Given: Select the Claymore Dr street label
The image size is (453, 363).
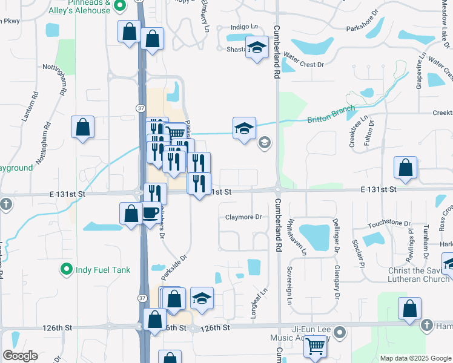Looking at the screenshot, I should click(x=243, y=217).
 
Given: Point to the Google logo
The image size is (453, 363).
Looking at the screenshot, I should click(x=20, y=356).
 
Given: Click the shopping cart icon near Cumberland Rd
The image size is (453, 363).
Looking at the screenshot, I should click(x=315, y=347).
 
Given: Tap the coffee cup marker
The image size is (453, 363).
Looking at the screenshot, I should click(x=150, y=214).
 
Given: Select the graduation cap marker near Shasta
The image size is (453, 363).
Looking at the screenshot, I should click(x=257, y=48).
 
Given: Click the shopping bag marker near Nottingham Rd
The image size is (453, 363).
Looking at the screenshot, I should click(x=83, y=128).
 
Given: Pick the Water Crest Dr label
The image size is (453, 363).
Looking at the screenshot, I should click(x=304, y=63).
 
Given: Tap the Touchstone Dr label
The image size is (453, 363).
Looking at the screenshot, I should click(x=388, y=223).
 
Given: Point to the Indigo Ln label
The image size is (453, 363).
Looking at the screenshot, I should click(x=244, y=27).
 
